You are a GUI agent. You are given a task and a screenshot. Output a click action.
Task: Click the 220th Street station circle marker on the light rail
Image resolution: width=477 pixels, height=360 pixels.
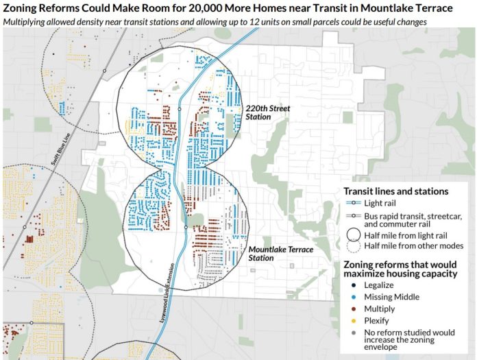point(179,109)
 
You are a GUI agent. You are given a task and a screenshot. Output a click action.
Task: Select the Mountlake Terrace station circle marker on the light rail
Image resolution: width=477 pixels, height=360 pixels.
point(186,227)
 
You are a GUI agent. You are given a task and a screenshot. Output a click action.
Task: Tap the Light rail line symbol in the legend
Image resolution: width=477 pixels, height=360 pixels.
point(352,204)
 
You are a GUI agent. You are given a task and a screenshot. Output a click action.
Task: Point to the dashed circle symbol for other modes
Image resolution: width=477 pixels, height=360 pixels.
point(352,245)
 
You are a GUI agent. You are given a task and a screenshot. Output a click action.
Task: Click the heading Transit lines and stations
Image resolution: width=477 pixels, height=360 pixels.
point(395,191)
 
